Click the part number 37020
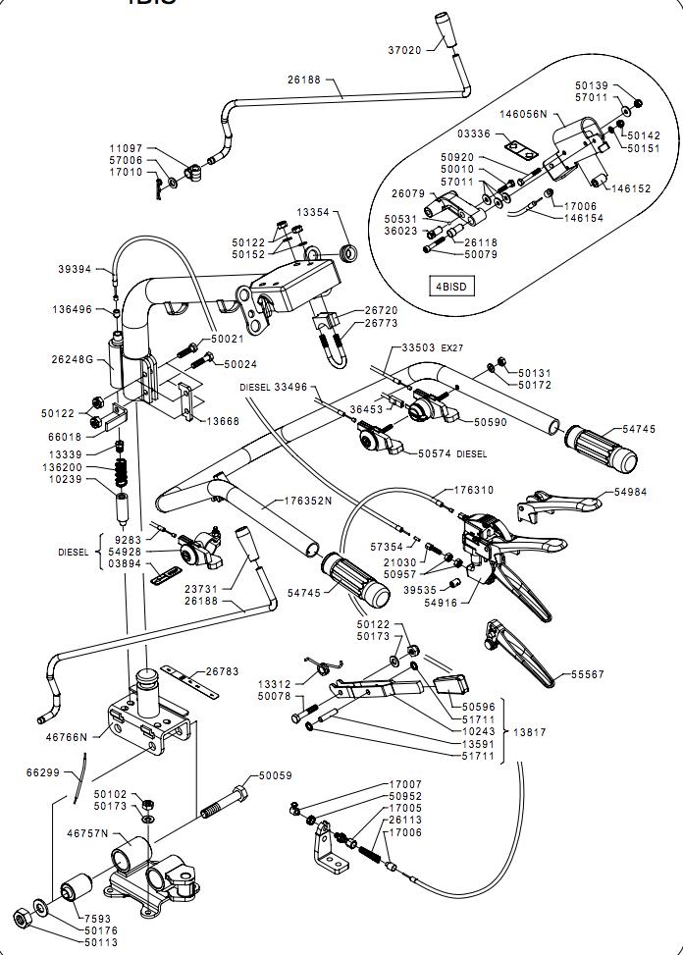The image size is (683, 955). [403, 50]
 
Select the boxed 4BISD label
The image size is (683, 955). [452, 287]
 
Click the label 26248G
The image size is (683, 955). [73, 359]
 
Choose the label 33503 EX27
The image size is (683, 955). [432, 348]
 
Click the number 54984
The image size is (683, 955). [631, 492]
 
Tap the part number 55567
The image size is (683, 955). [589, 675]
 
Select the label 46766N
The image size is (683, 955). [67, 736]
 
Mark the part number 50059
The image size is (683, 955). [276, 776]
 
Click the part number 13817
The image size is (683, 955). [529, 732]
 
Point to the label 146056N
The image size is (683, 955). [522, 114]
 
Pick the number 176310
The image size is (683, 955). [474, 490]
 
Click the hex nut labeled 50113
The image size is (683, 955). [20, 918]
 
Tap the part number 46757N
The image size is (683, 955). [87, 833]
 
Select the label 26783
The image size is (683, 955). [222, 672]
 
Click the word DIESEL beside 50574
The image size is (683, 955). [472, 454]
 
